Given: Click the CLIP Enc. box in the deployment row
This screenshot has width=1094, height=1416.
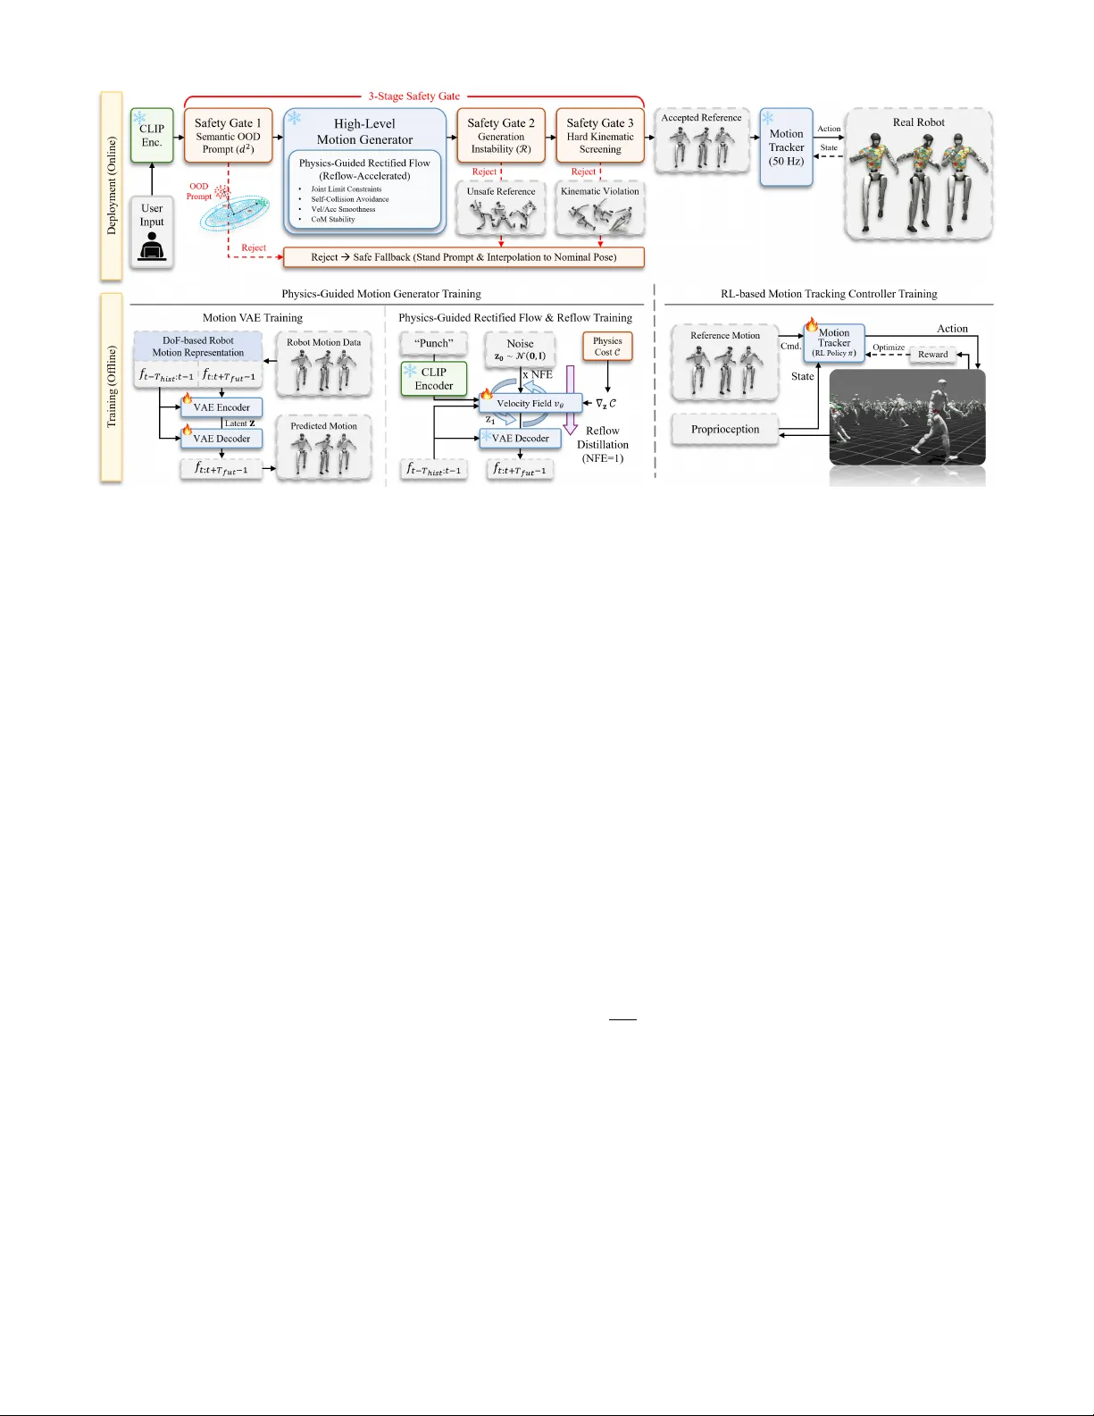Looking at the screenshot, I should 152,135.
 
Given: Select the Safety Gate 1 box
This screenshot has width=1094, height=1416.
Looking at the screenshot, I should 228,135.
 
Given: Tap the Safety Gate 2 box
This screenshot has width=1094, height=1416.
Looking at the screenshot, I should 501,135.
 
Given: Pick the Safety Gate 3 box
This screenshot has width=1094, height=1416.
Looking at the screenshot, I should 600,135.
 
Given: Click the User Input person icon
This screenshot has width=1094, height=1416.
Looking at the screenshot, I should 152,247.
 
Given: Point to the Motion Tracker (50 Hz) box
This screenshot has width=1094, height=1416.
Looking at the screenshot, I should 786,147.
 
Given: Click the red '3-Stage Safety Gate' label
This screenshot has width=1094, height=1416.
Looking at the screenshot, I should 414,96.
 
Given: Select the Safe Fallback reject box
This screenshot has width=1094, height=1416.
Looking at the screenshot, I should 463,257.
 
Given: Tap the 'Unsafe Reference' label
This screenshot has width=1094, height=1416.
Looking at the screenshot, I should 501,191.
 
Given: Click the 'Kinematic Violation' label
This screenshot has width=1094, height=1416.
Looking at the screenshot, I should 600,191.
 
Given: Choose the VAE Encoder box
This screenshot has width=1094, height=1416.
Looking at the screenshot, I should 221,407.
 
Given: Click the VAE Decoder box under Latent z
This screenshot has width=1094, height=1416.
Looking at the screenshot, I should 221,439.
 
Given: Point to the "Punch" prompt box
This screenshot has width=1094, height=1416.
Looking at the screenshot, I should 434,343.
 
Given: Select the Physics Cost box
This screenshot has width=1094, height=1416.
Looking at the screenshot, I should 607,347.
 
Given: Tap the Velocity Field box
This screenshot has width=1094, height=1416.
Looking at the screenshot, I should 530,404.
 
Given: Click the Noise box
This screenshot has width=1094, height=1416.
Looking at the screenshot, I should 520,349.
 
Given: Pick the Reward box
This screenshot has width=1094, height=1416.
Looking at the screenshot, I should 933,355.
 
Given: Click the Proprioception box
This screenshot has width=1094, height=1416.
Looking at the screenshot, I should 725,430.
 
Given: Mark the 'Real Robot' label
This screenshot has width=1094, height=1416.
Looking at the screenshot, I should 918,122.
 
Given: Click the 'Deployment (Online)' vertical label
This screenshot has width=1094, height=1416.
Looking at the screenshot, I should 112,186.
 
